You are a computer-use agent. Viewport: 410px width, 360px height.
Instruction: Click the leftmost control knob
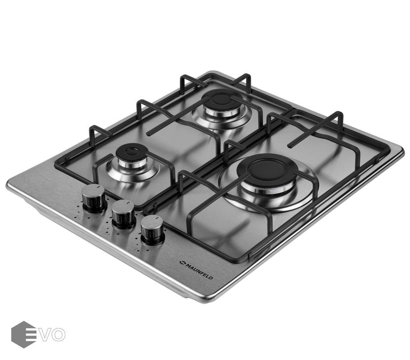pos(94,198)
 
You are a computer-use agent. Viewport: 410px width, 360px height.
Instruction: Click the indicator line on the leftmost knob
pos(97,187)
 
